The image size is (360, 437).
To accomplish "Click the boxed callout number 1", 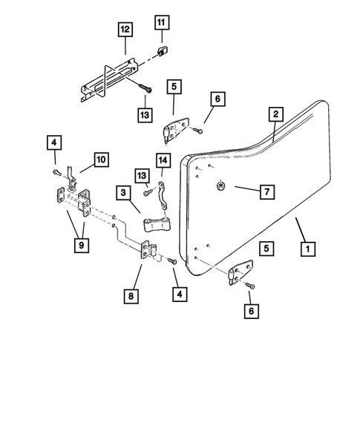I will [305, 250].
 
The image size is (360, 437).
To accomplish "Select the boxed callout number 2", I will [275, 114].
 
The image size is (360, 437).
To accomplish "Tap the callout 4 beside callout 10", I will [53, 142].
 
